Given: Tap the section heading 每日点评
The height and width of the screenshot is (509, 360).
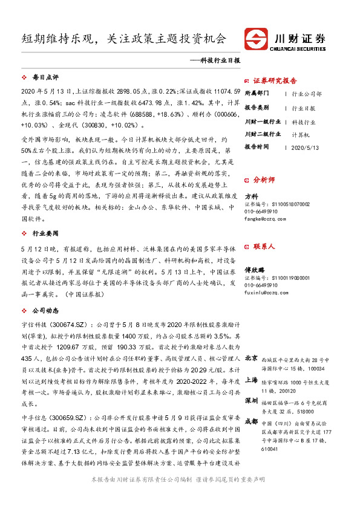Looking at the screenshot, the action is pyautogui.click(x=45, y=77).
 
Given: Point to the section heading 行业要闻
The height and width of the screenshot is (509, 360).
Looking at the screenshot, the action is pyautogui.click(x=45, y=232).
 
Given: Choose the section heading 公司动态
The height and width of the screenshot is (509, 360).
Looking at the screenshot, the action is pyautogui.click(x=45, y=310).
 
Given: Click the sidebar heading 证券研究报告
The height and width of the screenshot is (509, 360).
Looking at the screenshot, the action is pyautogui.click(x=275, y=80).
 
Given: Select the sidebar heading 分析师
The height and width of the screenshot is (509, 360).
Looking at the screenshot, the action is pyautogui.click(x=264, y=180).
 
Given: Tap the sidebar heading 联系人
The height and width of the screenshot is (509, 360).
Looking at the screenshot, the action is pyautogui.click(x=264, y=246).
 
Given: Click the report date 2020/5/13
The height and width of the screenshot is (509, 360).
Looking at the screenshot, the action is pyautogui.click(x=305, y=147).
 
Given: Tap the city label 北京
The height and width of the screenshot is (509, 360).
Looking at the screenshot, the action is pyautogui.click(x=252, y=357).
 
